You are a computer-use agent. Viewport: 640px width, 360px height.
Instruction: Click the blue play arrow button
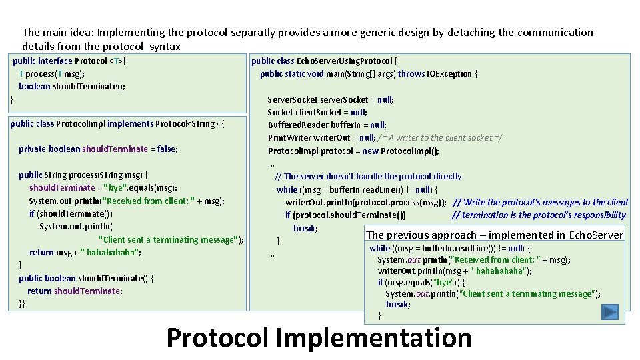609,311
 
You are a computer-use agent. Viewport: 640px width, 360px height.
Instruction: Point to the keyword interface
55,61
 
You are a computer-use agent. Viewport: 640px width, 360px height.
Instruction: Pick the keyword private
32,149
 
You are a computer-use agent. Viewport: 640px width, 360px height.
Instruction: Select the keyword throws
411,74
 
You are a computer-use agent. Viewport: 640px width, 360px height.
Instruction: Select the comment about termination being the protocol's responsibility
539,215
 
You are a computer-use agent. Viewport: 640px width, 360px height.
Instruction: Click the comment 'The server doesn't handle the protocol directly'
368,177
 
